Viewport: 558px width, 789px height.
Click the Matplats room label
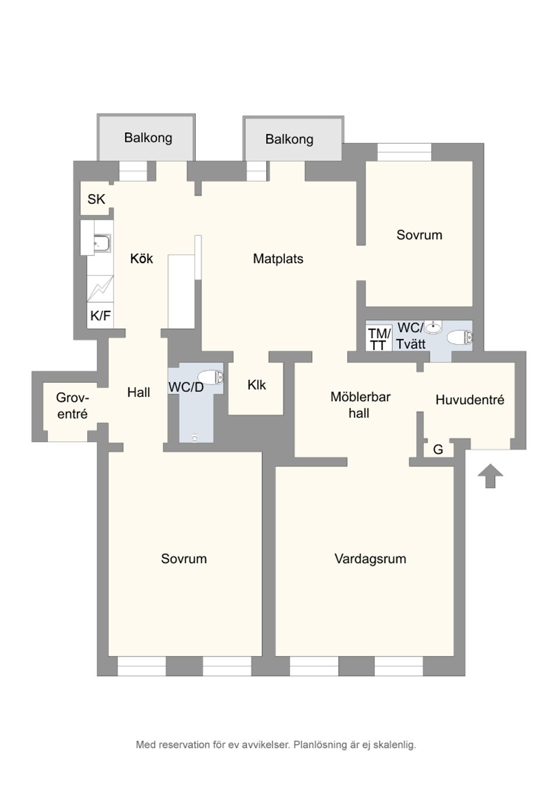278,259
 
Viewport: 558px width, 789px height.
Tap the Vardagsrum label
370,558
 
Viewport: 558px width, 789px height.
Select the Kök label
141,259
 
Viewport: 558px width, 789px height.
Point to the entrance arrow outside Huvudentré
490,475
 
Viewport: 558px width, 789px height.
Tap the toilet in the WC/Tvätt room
460,337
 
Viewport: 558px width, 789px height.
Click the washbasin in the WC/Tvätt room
433,328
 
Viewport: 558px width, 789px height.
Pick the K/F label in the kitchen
100,316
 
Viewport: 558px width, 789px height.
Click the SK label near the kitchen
96,199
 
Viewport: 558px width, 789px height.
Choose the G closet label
438,449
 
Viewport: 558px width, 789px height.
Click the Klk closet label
256,385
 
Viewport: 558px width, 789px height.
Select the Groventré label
73,406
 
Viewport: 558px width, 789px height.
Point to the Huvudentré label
470,400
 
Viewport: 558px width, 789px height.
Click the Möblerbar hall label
360,405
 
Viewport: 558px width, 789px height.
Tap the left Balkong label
148,138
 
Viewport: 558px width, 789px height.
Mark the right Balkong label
289,139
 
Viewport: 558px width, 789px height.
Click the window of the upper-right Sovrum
405,152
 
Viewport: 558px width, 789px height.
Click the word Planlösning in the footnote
320,744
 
